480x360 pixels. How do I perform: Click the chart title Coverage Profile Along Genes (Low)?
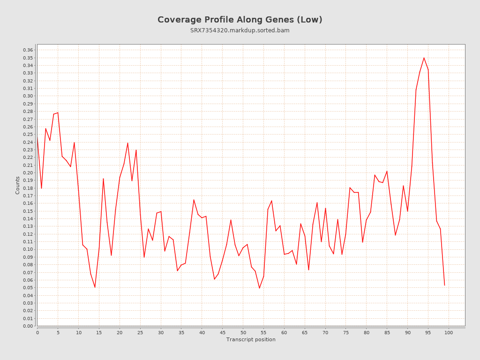click(x=240, y=20)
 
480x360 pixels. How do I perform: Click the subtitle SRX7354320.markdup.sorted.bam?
click(x=240, y=30)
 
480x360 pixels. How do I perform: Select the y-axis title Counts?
click(x=18, y=185)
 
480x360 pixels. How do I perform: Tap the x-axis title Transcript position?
click(x=251, y=339)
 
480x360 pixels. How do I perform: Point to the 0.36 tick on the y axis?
click(x=28, y=50)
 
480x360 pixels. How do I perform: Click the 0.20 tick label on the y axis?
click(x=28, y=172)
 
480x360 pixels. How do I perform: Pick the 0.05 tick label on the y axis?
click(x=28, y=288)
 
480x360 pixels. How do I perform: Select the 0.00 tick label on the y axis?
click(x=28, y=326)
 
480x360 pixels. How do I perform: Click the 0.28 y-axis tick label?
click(x=28, y=112)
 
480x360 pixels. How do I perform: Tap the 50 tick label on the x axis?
click(x=243, y=332)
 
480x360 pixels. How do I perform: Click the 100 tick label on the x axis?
click(x=449, y=332)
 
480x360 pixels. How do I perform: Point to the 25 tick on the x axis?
click(x=140, y=332)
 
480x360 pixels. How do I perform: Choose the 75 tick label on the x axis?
click(x=346, y=332)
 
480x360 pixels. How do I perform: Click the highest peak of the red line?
click(x=424, y=58)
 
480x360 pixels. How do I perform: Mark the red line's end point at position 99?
click(x=444, y=285)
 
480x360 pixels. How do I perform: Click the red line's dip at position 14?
click(x=95, y=287)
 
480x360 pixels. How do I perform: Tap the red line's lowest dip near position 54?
click(x=259, y=288)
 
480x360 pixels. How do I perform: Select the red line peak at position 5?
click(x=58, y=112)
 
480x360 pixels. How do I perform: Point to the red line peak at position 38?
click(x=194, y=200)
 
